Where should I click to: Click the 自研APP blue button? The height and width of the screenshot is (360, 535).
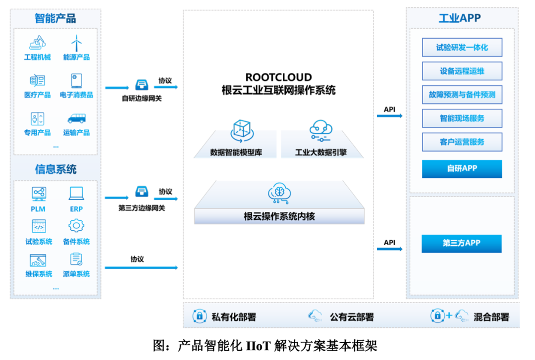pyautogui.click(x=462, y=169)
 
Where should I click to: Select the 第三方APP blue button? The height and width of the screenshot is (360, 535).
pyautogui.click(x=461, y=244)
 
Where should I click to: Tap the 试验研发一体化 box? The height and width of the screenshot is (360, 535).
pyautogui.click(x=462, y=48)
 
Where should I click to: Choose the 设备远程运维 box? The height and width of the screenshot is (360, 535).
pyautogui.click(x=462, y=71)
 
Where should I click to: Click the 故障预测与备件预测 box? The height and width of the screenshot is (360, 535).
pyautogui.click(x=462, y=95)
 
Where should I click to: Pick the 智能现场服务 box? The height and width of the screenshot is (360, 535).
pyautogui.click(x=462, y=118)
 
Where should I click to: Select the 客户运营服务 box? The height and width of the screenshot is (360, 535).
pyautogui.click(x=462, y=142)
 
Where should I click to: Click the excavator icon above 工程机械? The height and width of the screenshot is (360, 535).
pyautogui.click(x=38, y=43)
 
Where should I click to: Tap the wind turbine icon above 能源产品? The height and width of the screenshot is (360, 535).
pyautogui.click(x=76, y=43)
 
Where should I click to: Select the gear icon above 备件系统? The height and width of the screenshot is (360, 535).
pyautogui.click(x=76, y=226)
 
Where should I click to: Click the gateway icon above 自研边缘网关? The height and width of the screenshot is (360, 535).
pyautogui.click(x=142, y=84)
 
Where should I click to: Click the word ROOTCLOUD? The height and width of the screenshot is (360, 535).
pyautogui.click(x=278, y=77)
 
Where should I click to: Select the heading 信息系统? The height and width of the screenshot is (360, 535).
pyautogui.click(x=55, y=169)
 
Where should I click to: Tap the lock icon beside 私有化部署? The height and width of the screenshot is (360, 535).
pyautogui.click(x=199, y=315)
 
